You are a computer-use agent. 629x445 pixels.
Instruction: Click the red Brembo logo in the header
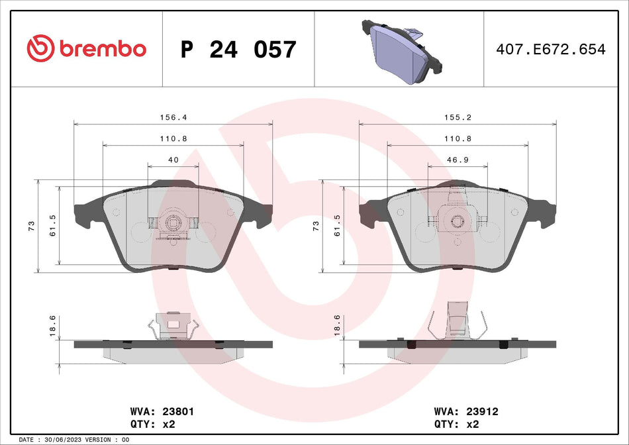(x=86, y=48)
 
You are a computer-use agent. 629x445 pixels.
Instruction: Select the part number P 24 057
(x=238, y=50)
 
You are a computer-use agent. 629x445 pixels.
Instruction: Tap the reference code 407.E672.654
(x=551, y=50)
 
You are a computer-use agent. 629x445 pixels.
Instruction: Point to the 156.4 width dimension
(x=173, y=117)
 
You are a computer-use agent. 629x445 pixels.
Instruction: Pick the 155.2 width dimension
(x=458, y=117)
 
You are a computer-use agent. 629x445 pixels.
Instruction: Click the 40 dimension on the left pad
(x=173, y=160)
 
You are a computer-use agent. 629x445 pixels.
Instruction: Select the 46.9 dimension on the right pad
(x=458, y=160)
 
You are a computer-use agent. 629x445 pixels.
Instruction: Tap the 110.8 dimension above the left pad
(x=173, y=138)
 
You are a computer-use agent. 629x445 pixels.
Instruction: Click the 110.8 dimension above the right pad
(x=458, y=138)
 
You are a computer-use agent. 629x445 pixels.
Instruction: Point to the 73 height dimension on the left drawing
(x=31, y=226)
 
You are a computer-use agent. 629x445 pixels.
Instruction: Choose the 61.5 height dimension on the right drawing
(x=337, y=226)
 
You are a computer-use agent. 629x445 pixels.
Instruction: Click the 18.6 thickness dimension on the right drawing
(x=337, y=325)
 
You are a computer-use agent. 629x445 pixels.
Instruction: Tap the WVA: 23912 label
(x=457, y=411)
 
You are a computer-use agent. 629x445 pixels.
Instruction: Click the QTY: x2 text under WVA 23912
(x=456, y=424)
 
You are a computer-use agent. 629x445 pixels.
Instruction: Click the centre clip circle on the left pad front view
(x=173, y=223)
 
